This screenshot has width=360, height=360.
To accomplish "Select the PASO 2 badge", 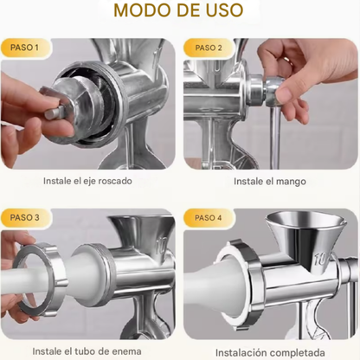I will click(208, 48).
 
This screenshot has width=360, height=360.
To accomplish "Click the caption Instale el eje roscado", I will click(90, 182).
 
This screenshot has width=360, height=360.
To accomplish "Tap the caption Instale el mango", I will click(269, 182).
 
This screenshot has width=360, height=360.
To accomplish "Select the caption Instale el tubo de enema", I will click(90, 352).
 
